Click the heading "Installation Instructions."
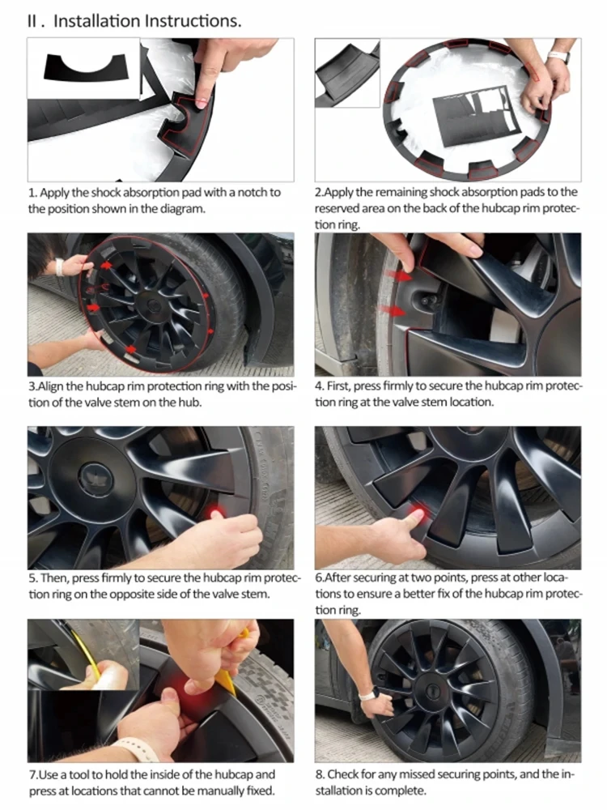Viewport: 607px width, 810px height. pyautogui.click(x=147, y=21)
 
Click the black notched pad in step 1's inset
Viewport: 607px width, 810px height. pyautogui.click(x=84, y=67)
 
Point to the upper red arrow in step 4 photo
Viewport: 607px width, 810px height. pyautogui.click(x=401, y=276)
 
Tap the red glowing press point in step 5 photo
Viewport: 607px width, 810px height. pyautogui.click(x=216, y=513)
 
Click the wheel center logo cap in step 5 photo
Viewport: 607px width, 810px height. pyautogui.click(x=97, y=477)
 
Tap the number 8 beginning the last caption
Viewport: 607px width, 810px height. pyautogui.click(x=319, y=774)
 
